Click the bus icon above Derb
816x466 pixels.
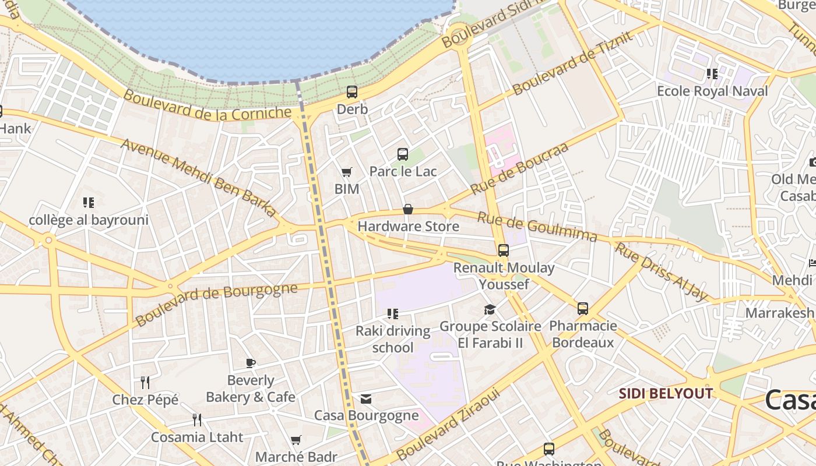pyautogui.click(x=351, y=92)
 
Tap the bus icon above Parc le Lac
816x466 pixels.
pyautogui.click(x=403, y=154)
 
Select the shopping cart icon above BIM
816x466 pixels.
pyautogui.click(x=347, y=172)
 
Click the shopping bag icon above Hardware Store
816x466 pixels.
pyautogui.click(x=408, y=209)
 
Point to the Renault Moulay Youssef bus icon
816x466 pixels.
pyautogui.click(x=504, y=250)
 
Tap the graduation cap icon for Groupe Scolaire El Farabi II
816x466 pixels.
pyautogui.click(x=490, y=309)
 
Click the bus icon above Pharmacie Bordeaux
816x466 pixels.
pyautogui.click(x=583, y=309)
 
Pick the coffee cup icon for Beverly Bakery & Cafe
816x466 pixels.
pyautogui.click(x=251, y=363)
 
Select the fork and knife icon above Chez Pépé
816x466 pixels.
pyautogui.click(x=145, y=383)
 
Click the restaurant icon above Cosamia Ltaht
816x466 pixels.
pyautogui.click(x=197, y=420)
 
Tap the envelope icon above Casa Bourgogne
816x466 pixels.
pyautogui.click(x=366, y=399)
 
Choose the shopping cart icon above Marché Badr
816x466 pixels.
pyautogui.click(x=296, y=440)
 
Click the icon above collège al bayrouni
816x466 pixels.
pyautogui.click(x=89, y=203)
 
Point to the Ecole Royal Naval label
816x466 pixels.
pyautogui.click(x=712, y=91)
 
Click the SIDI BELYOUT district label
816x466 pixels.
pyautogui.click(x=666, y=394)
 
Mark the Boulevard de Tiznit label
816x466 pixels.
pyautogui.click(x=572, y=63)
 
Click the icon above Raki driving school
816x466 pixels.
pyautogui.click(x=393, y=315)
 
